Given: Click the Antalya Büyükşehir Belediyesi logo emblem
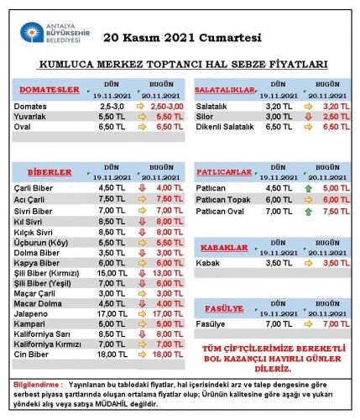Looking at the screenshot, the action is [x=32, y=32].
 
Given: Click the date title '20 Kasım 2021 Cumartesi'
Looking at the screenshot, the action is [x=182, y=38].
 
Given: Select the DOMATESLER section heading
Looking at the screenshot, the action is [x=50, y=90].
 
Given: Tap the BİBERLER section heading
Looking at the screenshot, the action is [x=50, y=172].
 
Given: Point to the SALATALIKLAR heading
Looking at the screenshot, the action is [x=225, y=90].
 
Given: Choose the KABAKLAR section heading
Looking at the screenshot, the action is [x=224, y=248].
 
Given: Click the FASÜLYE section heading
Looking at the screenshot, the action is [x=224, y=308].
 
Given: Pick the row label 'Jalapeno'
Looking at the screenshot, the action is [x=31, y=314].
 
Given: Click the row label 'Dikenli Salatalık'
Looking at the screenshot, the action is [x=225, y=127].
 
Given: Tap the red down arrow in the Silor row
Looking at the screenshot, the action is [x=308, y=117].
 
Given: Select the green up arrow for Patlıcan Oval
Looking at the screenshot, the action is [x=308, y=212].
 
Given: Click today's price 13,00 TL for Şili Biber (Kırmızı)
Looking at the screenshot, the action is [x=168, y=273].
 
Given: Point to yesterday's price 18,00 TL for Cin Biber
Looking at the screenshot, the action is [x=112, y=354].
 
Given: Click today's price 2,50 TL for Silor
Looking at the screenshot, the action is [x=337, y=117].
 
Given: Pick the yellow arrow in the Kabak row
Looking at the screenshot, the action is [x=308, y=263].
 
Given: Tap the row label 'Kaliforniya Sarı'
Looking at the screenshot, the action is [x=42, y=334].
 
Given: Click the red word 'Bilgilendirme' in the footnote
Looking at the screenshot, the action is [x=36, y=385].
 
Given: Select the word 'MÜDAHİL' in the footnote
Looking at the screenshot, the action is [x=112, y=404].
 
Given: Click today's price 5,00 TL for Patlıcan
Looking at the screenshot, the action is [x=337, y=188].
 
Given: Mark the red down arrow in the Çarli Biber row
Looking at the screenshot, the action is [x=142, y=188].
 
